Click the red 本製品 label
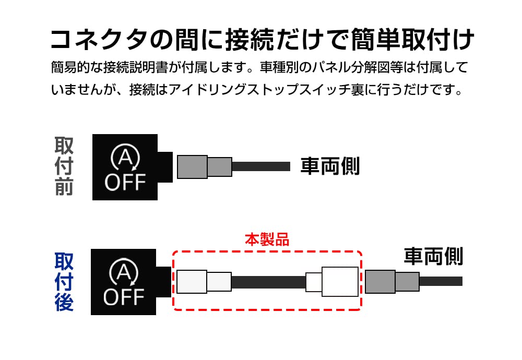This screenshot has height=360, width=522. [x=267, y=239]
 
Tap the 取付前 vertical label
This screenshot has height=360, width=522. [x=64, y=166]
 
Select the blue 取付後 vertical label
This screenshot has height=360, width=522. [x=64, y=282]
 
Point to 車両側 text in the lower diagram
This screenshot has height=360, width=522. [x=433, y=256]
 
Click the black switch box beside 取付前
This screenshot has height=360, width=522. [x=125, y=167]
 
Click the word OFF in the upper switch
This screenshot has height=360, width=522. [x=125, y=183]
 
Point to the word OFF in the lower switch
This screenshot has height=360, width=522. [x=124, y=297]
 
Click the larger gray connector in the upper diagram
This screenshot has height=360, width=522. [x=192, y=166]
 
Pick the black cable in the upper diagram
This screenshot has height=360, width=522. [x=260, y=166]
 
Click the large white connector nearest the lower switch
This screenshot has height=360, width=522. [x=192, y=282]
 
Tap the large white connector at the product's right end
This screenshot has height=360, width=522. [x=340, y=282]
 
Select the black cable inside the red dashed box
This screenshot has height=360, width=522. [x=268, y=282]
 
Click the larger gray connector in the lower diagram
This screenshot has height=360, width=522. [x=379, y=282]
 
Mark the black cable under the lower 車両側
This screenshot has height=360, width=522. [x=441, y=281]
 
